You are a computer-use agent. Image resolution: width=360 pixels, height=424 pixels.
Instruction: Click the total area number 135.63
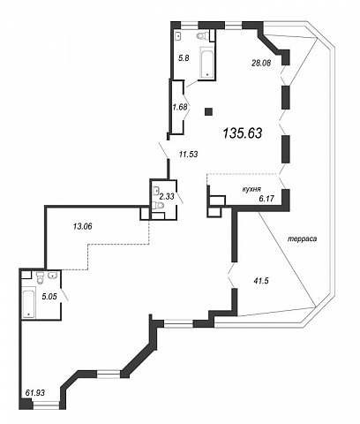[243, 133]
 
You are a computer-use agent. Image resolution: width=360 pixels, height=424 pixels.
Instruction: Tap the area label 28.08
[261, 63]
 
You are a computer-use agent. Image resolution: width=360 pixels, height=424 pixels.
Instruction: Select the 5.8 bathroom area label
[184, 58]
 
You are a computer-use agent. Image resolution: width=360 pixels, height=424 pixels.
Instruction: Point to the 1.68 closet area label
[180, 107]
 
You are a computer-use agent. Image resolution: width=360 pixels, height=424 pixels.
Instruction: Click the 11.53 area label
[189, 154]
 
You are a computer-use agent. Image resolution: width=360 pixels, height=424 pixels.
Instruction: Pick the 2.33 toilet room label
[167, 196]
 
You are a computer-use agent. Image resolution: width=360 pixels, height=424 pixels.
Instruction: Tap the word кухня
[251, 189]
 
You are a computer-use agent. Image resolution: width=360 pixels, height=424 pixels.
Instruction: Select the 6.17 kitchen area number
[266, 199]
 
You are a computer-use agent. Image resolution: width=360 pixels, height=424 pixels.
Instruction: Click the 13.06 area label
[83, 226]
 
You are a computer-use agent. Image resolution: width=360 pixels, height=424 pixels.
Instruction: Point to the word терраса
[302, 238]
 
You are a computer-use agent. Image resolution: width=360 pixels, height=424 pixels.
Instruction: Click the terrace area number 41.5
[261, 281]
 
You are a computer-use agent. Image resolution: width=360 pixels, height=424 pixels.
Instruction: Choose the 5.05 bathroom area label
[49, 297]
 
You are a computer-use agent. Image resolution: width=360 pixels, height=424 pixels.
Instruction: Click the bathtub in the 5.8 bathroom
[207, 63]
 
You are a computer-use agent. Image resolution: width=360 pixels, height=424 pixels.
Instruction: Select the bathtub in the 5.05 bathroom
[29, 304]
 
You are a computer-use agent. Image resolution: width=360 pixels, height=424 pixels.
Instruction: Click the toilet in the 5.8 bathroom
[202, 36]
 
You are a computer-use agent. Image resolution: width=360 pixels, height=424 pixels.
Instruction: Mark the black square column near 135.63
[209, 112]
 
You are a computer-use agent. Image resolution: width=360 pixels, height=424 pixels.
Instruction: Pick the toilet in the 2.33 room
[159, 205]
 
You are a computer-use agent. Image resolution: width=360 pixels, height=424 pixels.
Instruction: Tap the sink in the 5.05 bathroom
[53, 276]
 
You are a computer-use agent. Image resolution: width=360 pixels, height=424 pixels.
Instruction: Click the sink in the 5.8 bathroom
[178, 36]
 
